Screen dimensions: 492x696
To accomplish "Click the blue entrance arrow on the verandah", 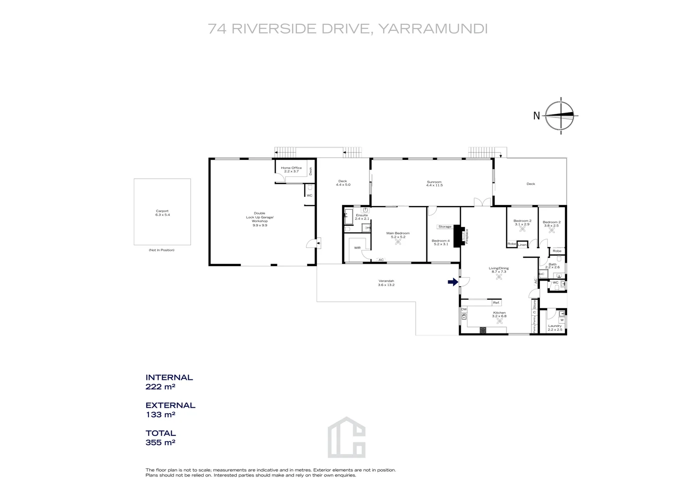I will (452, 282).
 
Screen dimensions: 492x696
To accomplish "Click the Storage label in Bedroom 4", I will (445, 226).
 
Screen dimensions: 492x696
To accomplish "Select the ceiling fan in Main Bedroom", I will (398, 242).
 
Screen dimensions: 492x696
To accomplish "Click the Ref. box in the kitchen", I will (496, 302).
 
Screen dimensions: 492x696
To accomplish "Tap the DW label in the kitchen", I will (464, 309).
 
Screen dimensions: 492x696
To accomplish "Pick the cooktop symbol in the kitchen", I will (482, 330).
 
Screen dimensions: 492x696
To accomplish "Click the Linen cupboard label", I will (522, 245).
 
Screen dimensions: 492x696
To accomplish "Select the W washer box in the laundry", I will (562, 320).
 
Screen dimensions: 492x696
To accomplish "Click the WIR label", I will (357, 248).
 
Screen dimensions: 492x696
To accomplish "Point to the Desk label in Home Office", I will (311, 171).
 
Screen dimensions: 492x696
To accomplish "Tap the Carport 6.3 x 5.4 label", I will (162, 213).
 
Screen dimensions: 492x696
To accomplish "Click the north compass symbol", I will (561, 116).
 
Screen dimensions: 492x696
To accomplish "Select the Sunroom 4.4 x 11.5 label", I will (434, 184).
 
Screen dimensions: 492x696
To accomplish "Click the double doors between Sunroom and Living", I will (483, 202).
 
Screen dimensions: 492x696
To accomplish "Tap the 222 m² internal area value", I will (160, 387).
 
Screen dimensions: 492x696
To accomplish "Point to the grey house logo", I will (347, 437).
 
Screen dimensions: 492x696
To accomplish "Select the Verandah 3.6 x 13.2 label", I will (386, 282).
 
